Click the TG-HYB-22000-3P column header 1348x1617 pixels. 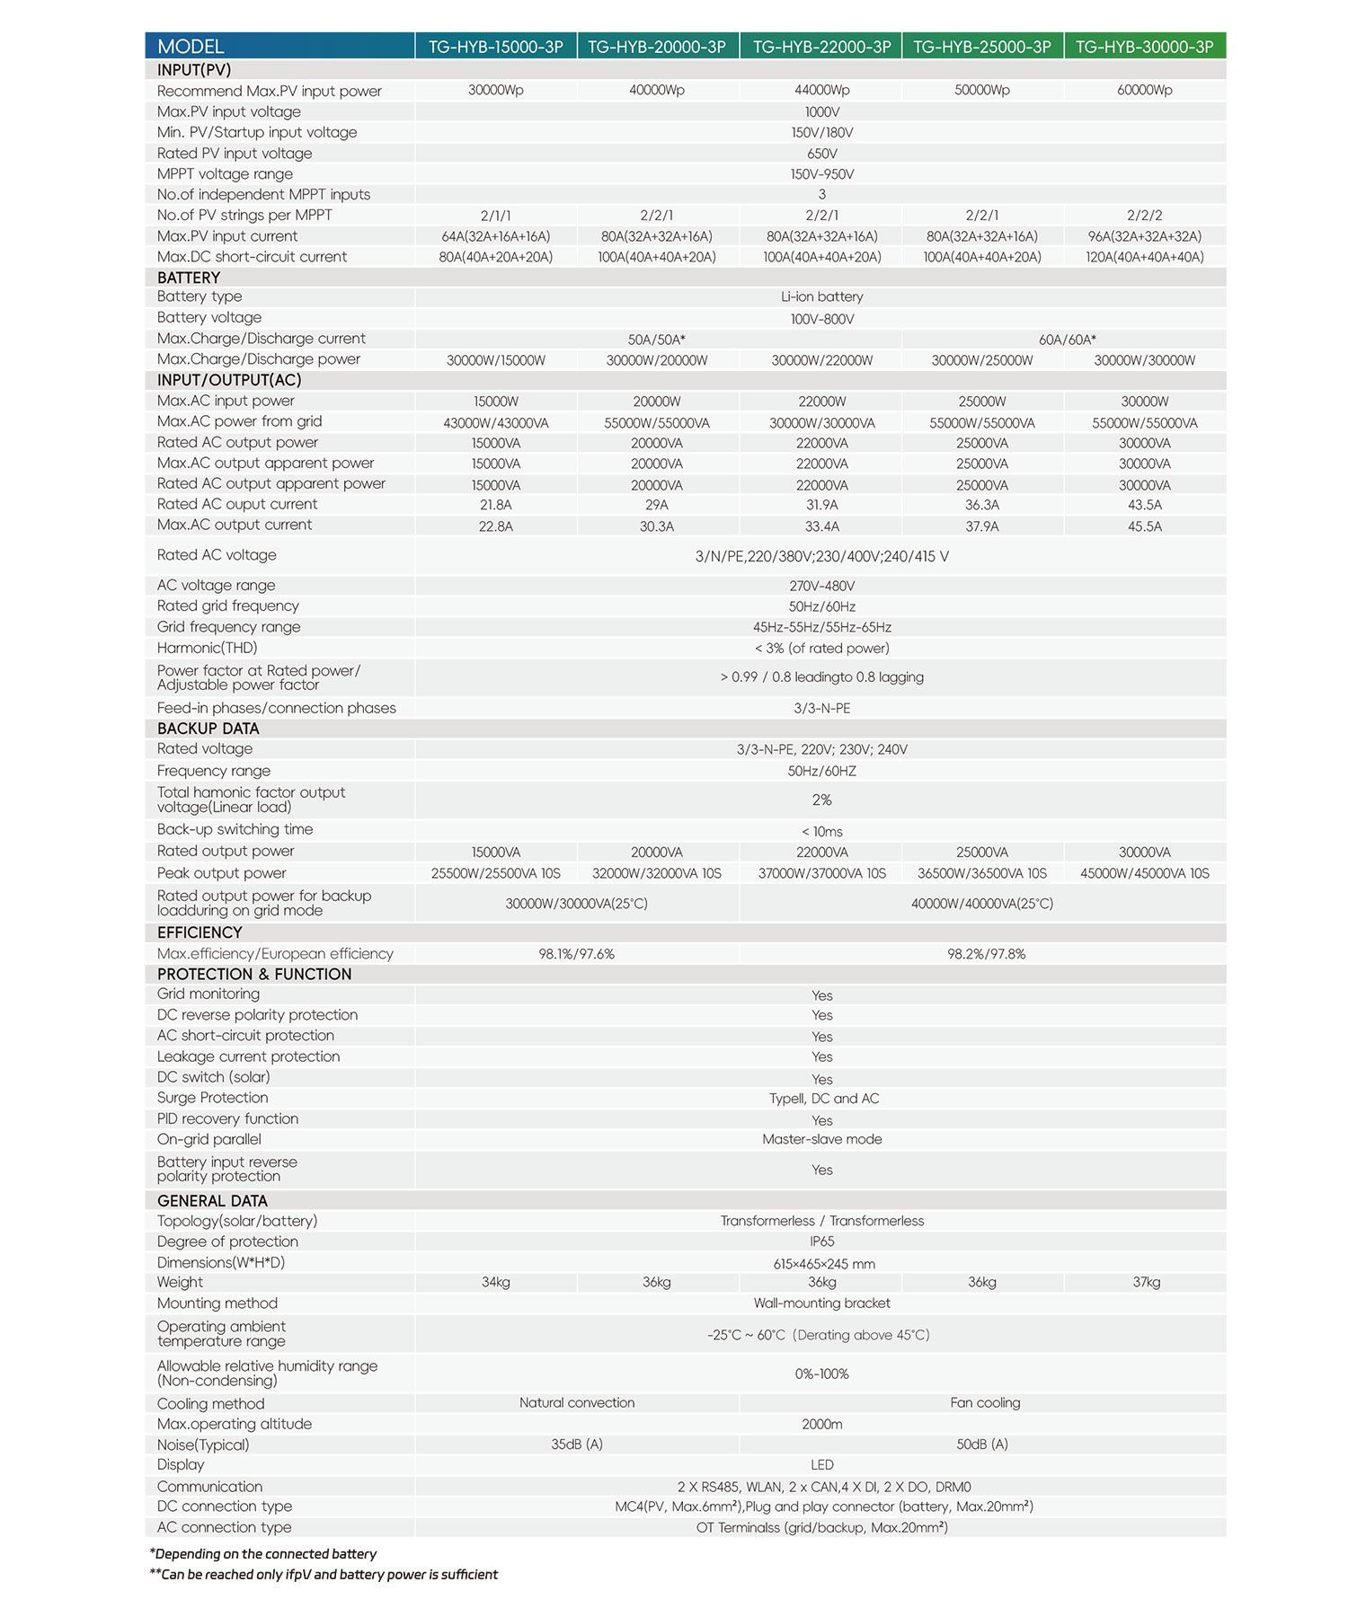821,47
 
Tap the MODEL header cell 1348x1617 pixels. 191,47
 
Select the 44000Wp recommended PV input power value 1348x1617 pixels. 821,90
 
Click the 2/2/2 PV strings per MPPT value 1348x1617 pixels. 1144,216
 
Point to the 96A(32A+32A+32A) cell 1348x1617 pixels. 1144,236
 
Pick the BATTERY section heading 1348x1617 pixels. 189,278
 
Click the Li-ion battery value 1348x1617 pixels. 821,297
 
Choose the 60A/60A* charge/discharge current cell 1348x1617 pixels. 1067,340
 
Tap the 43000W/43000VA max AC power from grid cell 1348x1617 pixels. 495,423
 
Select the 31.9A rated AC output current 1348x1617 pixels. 821,505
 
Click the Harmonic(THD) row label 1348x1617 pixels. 207,648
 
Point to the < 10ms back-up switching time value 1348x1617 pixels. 821,832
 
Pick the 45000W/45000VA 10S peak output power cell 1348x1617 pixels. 1144,873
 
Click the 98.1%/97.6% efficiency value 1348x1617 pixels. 576,954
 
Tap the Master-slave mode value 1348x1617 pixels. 821,1139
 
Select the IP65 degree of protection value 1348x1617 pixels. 821,1241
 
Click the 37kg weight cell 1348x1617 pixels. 1146,1283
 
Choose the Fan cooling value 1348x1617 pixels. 985,1403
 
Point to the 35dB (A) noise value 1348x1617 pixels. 576,1445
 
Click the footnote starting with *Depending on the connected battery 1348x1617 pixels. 263,1554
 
